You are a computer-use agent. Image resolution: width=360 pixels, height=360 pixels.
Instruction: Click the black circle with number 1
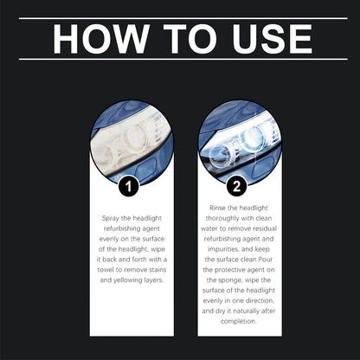tap(127, 185)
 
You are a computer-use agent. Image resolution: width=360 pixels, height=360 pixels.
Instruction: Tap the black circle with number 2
tap(235, 185)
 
